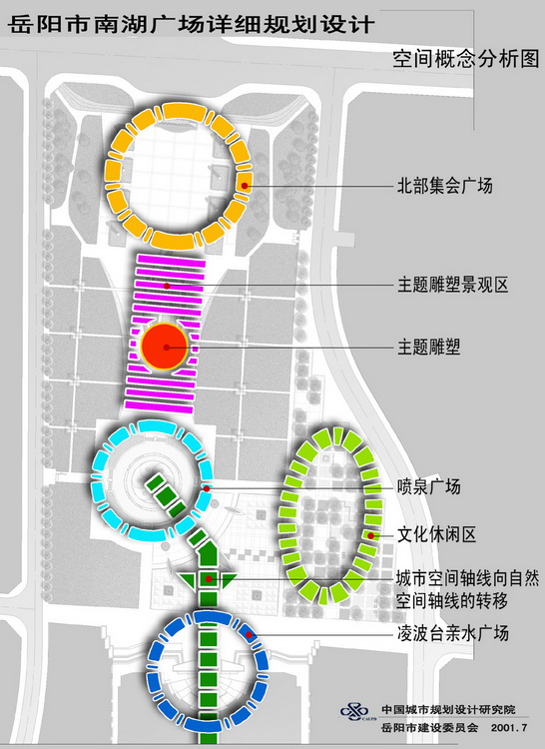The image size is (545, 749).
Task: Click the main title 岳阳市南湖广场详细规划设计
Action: pyautogui.click(x=191, y=24)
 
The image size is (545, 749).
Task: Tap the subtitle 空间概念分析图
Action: pyautogui.click(x=466, y=59)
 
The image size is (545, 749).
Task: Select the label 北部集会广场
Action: pyautogui.click(x=445, y=186)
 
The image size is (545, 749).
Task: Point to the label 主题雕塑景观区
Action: pyautogui.click(x=453, y=285)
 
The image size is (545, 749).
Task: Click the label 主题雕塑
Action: pyautogui.click(x=429, y=347)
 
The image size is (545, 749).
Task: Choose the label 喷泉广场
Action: pyautogui.click(x=429, y=486)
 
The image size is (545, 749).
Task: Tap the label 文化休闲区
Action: pyautogui.click(x=437, y=534)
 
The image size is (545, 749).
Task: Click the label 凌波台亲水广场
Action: pyautogui.click(x=453, y=633)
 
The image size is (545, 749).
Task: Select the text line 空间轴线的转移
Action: pyautogui.click(x=451, y=600)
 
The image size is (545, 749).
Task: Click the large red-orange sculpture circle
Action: pyautogui.click(x=165, y=347)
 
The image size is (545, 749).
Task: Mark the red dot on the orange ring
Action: pyautogui.click(x=245, y=186)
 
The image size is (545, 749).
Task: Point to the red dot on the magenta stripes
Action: pyautogui.click(x=167, y=286)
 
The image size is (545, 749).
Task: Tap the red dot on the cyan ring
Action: pyautogui.click(x=207, y=488)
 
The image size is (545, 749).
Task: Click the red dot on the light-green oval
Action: pyautogui.click(x=370, y=536)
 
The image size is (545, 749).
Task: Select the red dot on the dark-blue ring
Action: pyautogui.click(x=249, y=634)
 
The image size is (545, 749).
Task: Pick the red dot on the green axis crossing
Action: pyautogui.click(x=209, y=579)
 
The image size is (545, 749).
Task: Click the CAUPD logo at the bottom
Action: pyautogui.click(x=355, y=712)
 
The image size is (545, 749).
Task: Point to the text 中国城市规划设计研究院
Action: pyautogui.click(x=448, y=710)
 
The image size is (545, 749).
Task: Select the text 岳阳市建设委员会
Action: pyautogui.click(x=430, y=728)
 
